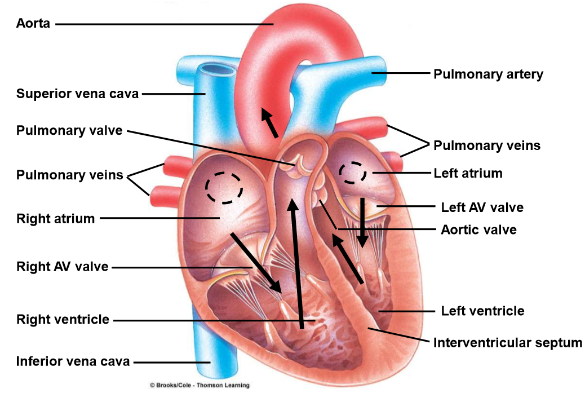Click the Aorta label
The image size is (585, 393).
coord(33,24)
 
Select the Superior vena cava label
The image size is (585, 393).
coord(77,94)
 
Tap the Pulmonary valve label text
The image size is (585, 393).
coord(69,131)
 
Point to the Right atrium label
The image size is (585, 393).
coord(56,218)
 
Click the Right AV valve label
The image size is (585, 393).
coord(62,266)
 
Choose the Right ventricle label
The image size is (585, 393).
coord(63,320)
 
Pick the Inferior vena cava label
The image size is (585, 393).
coord(73,361)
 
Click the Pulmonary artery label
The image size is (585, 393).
coord(488,74)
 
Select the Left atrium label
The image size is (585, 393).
coord(468,173)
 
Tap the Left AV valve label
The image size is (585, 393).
coord(482,207)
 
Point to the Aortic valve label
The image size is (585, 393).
coord(478,229)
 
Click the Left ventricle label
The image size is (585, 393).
coord(482,311)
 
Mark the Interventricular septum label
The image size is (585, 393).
coord(507,342)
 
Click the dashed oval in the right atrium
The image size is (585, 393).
coord(224,187)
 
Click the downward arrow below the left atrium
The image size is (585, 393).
coord(362,222)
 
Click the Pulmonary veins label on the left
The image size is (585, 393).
coord(69,175)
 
